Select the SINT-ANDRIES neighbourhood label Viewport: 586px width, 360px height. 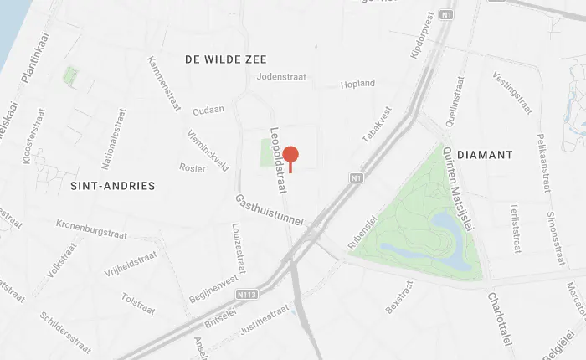coord(113,185)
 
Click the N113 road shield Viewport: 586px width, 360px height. coord(246,295)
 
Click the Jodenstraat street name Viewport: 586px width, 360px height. coord(282,77)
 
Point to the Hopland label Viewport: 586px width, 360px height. coord(357,85)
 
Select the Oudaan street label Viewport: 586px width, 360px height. coord(208,111)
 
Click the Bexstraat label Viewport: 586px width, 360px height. coord(399,298)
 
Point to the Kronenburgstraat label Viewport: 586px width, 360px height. coord(94,226)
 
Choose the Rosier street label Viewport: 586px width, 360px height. coord(192,167)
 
